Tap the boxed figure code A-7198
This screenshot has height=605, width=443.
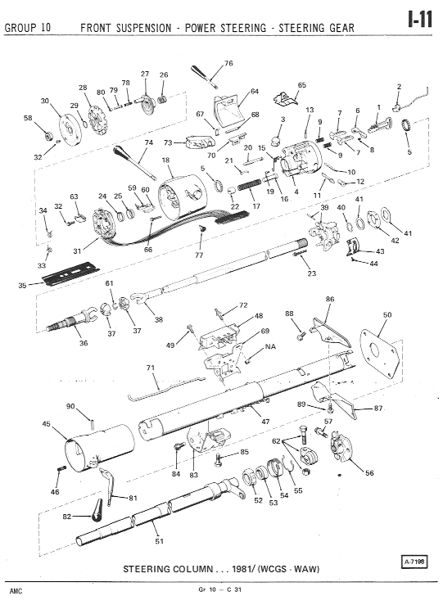pos(414,562)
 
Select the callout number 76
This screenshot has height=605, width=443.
pos(228,63)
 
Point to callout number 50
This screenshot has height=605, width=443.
pos(387,315)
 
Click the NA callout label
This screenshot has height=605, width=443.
pos(270,346)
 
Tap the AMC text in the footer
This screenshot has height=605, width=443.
pos(16,591)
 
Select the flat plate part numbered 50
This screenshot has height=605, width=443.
pos(379,354)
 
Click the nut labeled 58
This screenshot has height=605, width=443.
pos(48,136)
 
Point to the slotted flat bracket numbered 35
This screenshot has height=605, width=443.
pos(71,273)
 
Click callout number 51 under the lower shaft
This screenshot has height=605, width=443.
pos(160,541)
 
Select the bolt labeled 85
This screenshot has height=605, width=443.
pos(219,459)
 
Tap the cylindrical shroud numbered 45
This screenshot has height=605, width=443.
pos(100,448)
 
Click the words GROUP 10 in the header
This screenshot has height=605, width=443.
pos(27,28)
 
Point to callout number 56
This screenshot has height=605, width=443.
pos(369,472)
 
